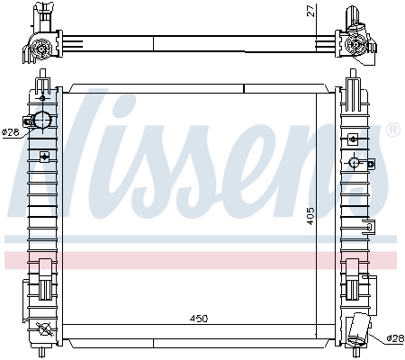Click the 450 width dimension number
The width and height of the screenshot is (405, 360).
tap(199, 319)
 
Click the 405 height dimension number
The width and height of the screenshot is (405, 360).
tap(310, 216)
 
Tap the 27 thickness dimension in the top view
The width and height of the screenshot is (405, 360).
tap(312, 11)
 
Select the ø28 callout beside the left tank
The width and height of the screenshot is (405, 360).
tap(11, 132)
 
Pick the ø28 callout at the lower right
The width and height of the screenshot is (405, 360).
tap(395, 338)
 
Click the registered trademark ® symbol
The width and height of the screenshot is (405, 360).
tap(393, 130)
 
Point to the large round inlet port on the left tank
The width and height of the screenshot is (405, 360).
tap(42, 120)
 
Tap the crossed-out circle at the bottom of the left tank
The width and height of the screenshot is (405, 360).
tap(44, 329)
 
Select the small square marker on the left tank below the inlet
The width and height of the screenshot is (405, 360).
tap(44, 157)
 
